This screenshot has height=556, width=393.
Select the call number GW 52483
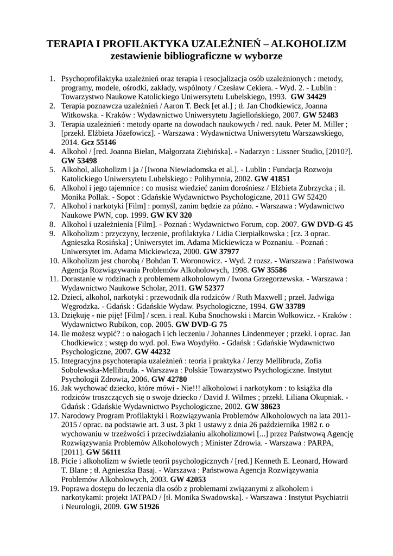(x=320, y=115)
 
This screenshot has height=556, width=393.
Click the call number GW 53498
(x=79, y=161)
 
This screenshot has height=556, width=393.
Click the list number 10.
(x=54, y=261)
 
